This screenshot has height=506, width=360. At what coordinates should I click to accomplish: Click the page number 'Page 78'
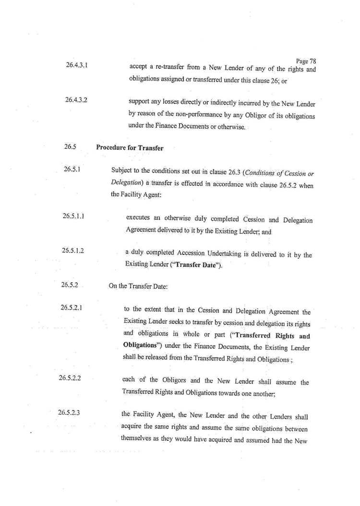[306, 61]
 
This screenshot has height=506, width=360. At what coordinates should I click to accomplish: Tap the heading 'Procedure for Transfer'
[130, 148]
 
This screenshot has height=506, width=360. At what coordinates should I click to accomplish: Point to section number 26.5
[71, 147]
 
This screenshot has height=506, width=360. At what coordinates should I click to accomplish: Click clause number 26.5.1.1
[74, 217]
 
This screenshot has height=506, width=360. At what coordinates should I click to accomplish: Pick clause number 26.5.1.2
[74, 250]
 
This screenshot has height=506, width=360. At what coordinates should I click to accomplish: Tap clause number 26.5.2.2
[70, 378]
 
